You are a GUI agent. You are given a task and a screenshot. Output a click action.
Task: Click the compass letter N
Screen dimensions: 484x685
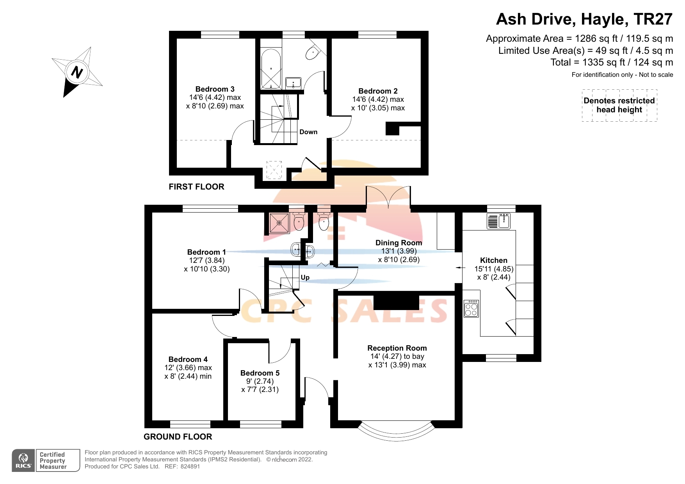pyautogui.click(x=77, y=72)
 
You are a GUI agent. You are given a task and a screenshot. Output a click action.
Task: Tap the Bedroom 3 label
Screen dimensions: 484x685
pyautogui.click(x=215, y=89)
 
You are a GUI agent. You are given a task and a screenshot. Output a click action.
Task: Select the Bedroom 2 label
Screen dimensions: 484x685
pyautogui.click(x=378, y=91)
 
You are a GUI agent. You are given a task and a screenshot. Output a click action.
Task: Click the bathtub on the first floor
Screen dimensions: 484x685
pyautogui.click(x=270, y=69)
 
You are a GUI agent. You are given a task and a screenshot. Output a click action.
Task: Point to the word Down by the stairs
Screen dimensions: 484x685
pyautogui.click(x=308, y=132)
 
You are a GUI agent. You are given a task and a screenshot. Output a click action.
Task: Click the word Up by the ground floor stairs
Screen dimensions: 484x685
pyautogui.click(x=305, y=277)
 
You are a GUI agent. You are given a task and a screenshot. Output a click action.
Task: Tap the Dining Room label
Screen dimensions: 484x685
pyautogui.click(x=399, y=243)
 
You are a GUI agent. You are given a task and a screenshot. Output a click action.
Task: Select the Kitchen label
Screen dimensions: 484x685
pyautogui.click(x=493, y=260)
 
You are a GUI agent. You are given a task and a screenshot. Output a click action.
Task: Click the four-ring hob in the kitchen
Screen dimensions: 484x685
pyautogui.click(x=471, y=308)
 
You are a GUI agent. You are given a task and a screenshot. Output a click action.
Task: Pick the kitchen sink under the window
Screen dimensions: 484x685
pyautogui.click(x=499, y=221)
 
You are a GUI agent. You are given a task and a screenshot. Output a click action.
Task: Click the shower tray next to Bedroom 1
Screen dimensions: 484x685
pyautogui.click(x=279, y=223)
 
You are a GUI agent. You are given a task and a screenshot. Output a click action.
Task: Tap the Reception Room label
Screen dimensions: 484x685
pyautogui.click(x=397, y=348)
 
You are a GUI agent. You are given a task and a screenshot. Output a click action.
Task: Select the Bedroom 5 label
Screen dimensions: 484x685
pyautogui.click(x=260, y=373)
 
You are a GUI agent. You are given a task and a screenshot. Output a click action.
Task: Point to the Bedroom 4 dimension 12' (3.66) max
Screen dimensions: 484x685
pyautogui.click(x=188, y=368)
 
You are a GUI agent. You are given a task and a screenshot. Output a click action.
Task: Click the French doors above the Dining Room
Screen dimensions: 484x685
pyautogui.click(x=388, y=197)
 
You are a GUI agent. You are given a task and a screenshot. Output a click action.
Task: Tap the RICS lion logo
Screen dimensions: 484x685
pyautogui.click(x=23, y=460)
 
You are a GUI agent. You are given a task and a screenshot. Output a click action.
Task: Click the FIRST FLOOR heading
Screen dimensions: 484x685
pyautogui.click(x=196, y=187)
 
